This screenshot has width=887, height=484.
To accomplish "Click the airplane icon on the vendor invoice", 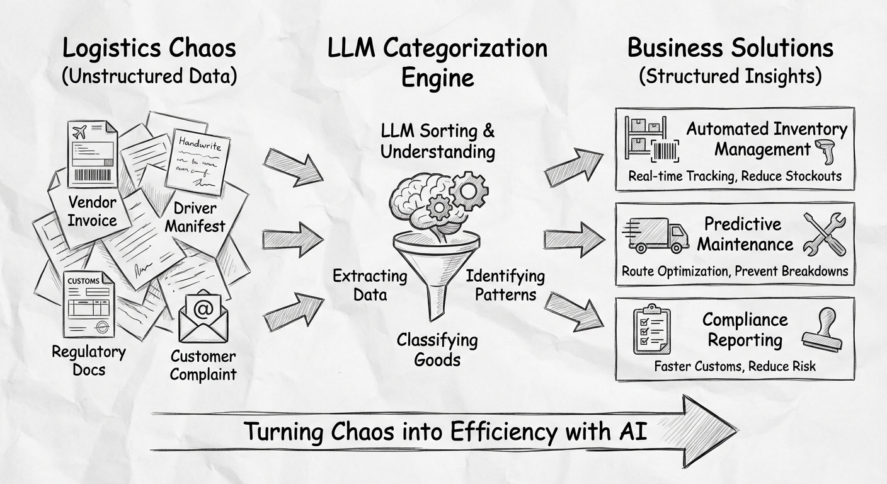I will tap(80, 132).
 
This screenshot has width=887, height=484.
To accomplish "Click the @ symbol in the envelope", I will tap(203, 309).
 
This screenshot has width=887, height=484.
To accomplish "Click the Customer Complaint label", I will tap(203, 366).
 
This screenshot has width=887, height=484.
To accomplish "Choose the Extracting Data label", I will tap(370, 285).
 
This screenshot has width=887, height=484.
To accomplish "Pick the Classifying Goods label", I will tap(437, 350).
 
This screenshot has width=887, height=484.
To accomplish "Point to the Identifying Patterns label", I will tap(505, 285).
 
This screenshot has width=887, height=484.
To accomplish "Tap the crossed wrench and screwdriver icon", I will tap(825, 234).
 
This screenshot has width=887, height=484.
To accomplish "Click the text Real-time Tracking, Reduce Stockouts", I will tap(735, 176).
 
